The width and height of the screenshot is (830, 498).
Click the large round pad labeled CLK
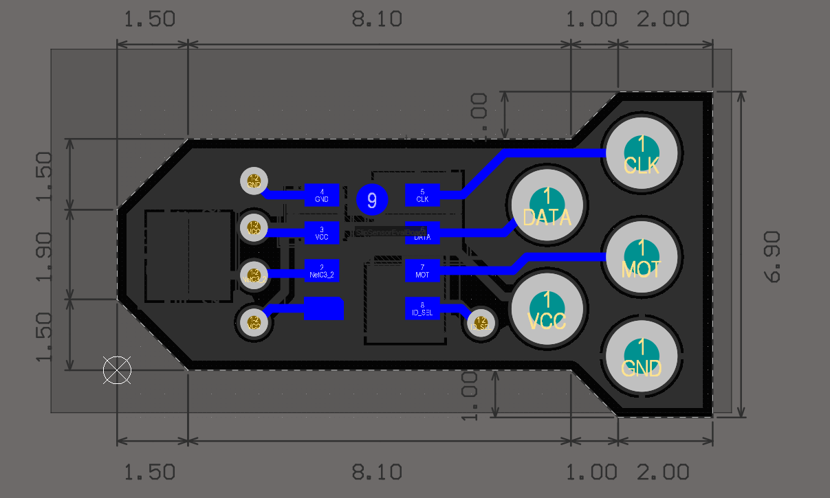[x=642, y=153]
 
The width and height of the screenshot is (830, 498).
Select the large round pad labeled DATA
[x=547, y=205]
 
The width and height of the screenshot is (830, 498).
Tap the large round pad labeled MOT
[x=642, y=256]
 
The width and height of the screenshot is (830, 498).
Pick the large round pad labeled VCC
[x=547, y=308]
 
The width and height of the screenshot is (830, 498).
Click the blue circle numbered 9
[x=372, y=200]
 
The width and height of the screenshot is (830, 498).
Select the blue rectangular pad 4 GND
[x=322, y=195]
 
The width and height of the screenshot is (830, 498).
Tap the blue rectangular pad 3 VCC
[x=322, y=233]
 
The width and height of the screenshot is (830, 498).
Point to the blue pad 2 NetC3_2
[x=322, y=271]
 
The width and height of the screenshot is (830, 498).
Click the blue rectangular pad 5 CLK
[x=422, y=195]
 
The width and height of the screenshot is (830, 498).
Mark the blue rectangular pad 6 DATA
[x=422, y=233]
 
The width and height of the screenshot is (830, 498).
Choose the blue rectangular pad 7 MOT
[x=422, y=271]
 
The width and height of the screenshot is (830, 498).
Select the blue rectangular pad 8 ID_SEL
[x=422, y=308]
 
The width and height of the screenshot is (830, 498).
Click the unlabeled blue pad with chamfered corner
[x=323, y=308]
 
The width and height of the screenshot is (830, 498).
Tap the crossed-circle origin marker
[x=117, y=370]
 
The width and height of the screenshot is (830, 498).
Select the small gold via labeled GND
[x=254, y=181]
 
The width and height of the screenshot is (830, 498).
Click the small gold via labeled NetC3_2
[x=254, y=275]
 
